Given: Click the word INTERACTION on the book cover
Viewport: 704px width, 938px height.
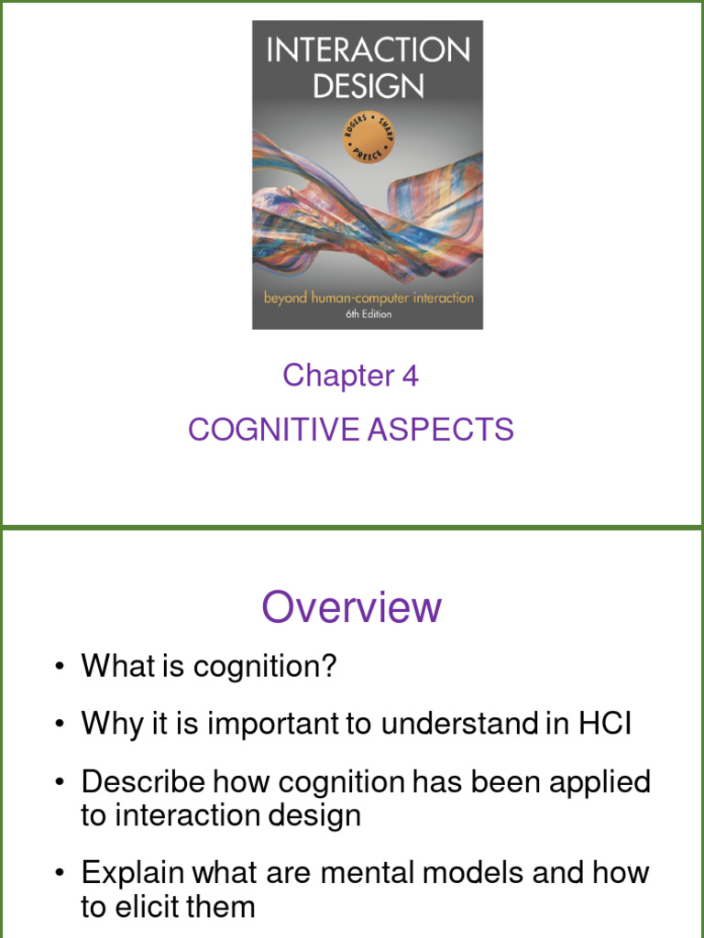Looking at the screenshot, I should click(368, 49).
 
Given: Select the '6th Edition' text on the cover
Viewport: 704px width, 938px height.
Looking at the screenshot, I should click(367, 314).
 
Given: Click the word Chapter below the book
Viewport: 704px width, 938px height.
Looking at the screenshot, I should click(337, 376).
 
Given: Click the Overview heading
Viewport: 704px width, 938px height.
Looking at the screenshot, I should click(352, 607).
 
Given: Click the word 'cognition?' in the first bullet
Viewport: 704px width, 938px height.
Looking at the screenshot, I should click(266, 666).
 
